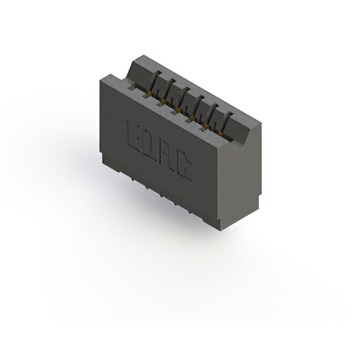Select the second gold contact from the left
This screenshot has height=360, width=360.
(x=164, y=100)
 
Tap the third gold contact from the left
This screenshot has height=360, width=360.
(x=178, y=107)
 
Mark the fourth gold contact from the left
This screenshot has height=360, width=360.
(x=192, y=116)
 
